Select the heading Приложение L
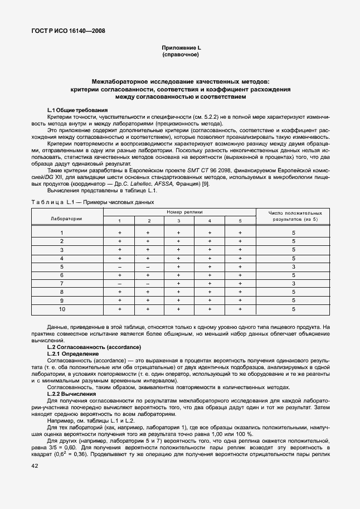pos(180,49)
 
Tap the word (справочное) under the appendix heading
pos(180,56)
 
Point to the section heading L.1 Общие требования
pos(77,110)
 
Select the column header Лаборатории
pos(66,219)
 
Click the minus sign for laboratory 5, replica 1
pos(119,267)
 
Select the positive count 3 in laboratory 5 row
pos(293,267)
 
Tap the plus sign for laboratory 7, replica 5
pos(240,284)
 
